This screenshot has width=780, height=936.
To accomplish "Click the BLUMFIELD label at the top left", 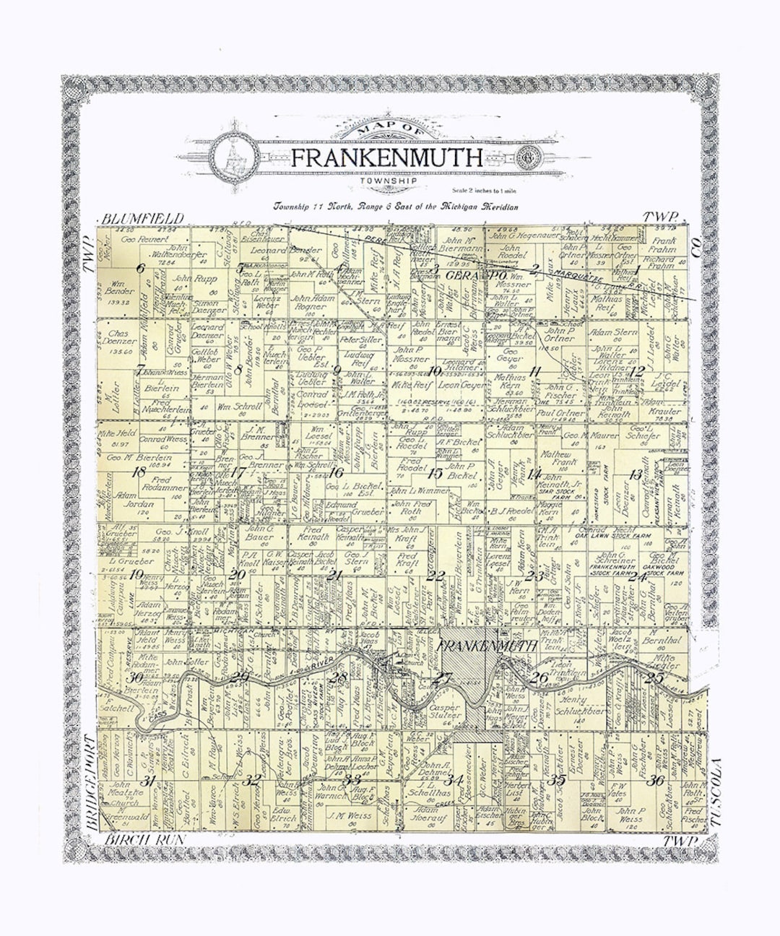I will (143, 218).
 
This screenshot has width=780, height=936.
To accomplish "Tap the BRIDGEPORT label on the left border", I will (90, 781).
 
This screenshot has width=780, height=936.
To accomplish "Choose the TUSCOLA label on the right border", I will (717, 792).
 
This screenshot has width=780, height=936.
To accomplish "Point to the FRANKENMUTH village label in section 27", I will (487, 646).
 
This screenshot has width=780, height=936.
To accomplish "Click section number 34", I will (454, 780).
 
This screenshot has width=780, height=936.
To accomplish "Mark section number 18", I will (139, 473).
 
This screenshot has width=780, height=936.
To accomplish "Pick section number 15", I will (435, 474).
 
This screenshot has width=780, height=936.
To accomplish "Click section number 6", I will (140, 269).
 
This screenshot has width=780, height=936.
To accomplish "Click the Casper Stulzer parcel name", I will (445, 711).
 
